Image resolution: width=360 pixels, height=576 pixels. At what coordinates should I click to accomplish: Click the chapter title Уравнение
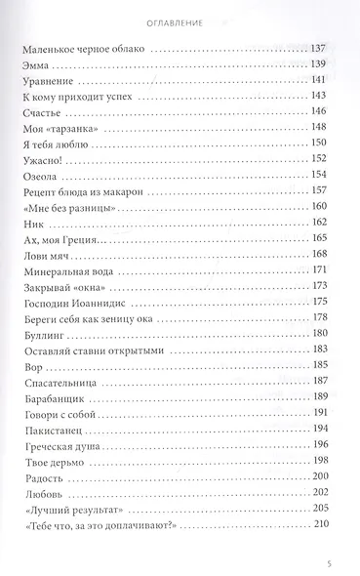pos(46,82)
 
